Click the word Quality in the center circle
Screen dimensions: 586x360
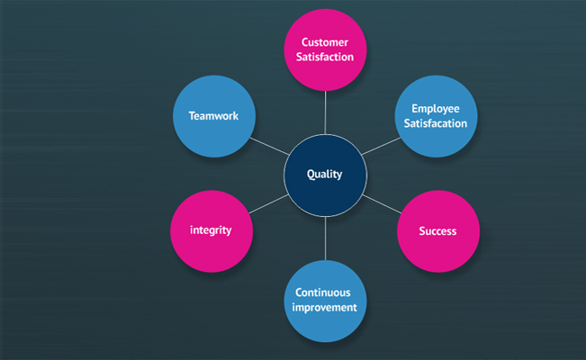coord(324,175)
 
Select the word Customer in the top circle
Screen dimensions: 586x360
coord(325,42)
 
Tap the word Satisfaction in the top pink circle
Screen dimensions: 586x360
coord(325,57)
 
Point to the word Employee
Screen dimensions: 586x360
coord(436,109)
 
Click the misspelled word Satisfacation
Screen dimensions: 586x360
coord(436,123)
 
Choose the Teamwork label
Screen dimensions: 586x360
coord(213,116)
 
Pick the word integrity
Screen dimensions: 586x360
coord(211,230)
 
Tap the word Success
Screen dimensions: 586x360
coord(437,231)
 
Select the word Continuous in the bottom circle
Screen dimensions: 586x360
coord(323,292)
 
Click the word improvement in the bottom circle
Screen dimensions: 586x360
coord(324,308)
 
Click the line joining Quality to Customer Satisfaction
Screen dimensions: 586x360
coord(325,112)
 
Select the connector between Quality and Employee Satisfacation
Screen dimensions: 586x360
coord(381,146)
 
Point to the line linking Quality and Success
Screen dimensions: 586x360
coord(382,204)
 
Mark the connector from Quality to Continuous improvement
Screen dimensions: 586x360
coord(325,238)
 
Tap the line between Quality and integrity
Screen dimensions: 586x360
coord(269,203)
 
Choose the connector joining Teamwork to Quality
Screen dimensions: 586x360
coord(269,146)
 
